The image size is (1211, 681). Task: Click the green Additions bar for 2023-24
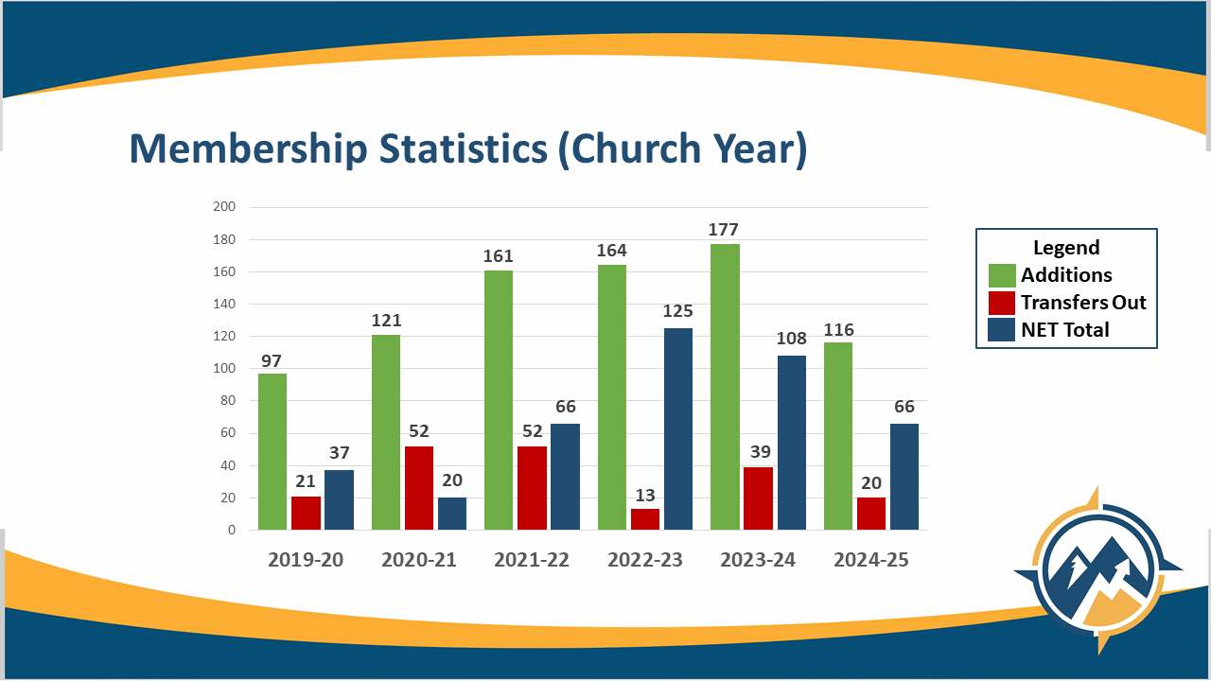[x=725, y=387]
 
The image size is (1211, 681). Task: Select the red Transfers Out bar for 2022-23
[x=644, y=519]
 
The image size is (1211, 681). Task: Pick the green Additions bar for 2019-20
[x=272, y=451]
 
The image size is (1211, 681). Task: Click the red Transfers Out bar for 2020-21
[x=418, y=488]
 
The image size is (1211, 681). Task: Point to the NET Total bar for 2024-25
[x=904, y=477]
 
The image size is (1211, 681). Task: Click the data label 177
[x=725, y=230]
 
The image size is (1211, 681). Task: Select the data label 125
[x=677, y=311]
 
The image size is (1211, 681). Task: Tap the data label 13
[x=644, y=496]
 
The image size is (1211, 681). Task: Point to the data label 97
[x=272, y=360]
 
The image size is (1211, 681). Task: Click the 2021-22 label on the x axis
[x=532, y=560]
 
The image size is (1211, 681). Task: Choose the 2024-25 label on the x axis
[x=870, y=560]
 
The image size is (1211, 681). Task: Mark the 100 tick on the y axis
[x=224, y=369]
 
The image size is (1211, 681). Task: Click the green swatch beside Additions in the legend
[x=1002, y=275]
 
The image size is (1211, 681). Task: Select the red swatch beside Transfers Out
[x=1002, y=303]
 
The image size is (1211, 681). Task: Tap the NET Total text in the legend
[x=1064, y=330]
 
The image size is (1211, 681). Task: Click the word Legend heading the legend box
[x=1066, y=248]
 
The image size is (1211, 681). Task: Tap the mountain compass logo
[x=1097, y=569]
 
